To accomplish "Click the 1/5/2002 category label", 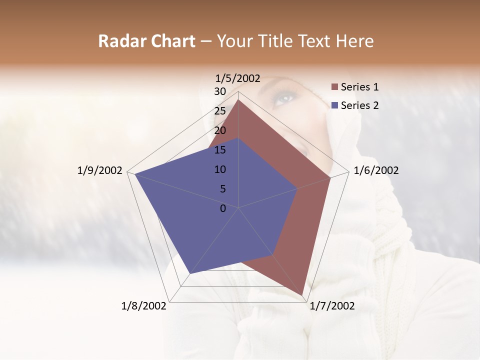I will point(238,78).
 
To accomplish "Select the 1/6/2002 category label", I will point(376,170).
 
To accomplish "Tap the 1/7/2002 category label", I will point(332,306).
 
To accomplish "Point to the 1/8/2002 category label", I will point(144,306).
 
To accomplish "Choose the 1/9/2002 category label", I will point(100,170).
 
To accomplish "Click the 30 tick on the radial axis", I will point(220,91).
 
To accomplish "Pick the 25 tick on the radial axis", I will point(220,111).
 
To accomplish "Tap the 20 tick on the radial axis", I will point(220,130).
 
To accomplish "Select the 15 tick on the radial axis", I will point(220,150).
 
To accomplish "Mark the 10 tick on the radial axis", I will point(220,169).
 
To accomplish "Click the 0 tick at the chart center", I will point(223,208).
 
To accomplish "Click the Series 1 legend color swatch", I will point(334,87).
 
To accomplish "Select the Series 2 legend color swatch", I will point(334,105).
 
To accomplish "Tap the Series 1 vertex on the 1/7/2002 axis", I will point(303,295).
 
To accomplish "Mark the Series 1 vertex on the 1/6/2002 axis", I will point(330,177).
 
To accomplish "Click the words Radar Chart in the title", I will point(146,41).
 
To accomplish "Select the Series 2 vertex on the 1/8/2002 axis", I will point(190,273).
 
